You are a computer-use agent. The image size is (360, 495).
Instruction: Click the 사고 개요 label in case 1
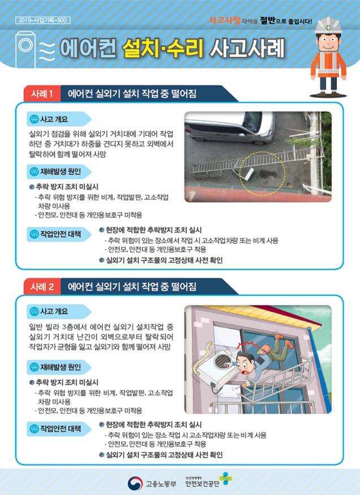(54, 119)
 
